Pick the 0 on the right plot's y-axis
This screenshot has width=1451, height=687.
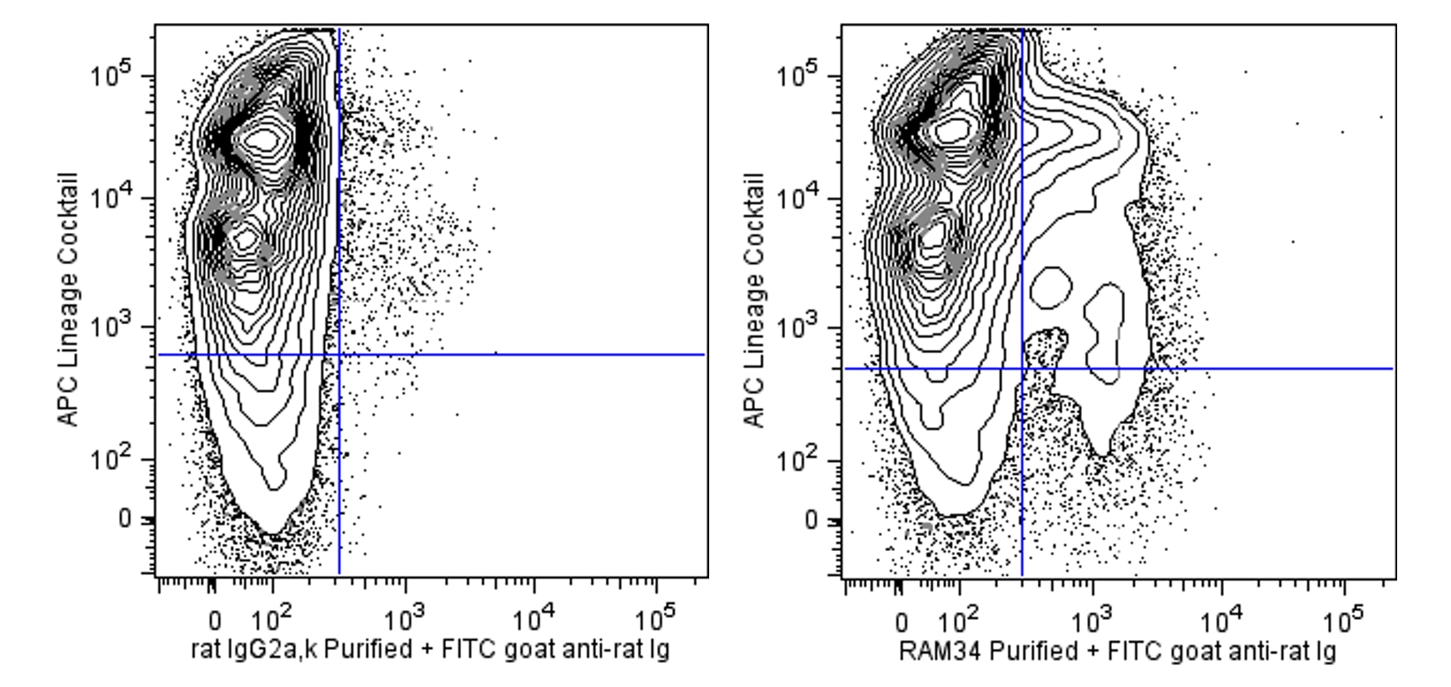coord(811,520)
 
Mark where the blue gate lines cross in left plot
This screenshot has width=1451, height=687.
coord(339,355)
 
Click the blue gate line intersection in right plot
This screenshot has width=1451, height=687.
coord(1022,368)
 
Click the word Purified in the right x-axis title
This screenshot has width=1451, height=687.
coord(1016,652)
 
